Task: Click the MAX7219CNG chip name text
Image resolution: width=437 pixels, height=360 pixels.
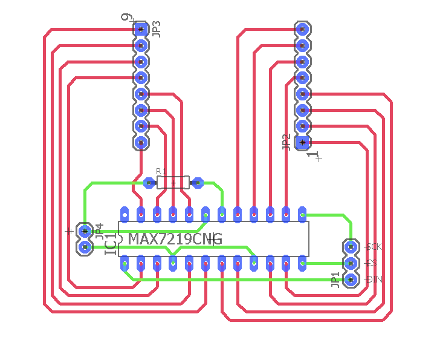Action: coord(175,239)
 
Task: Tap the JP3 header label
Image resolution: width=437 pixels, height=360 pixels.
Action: coord(157,29)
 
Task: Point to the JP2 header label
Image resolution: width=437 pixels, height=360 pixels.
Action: coord(286,142)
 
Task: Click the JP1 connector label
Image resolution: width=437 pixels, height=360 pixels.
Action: coord(335,280)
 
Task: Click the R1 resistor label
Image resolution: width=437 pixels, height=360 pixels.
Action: coord(161,172)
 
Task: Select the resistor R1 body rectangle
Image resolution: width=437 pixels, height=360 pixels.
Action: coord(173,182)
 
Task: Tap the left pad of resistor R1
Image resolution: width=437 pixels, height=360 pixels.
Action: coord(149,182)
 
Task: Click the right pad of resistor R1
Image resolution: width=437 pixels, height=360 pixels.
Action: coord(196,182)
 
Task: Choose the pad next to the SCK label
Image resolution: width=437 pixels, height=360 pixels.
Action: coord(350,247)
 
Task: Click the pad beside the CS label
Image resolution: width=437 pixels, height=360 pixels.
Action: coord(350,263)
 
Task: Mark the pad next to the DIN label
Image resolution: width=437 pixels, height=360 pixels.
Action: coord(350,279)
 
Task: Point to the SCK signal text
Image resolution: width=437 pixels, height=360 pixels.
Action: coord(375,247)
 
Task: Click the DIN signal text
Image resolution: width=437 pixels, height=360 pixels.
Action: coord(375,280)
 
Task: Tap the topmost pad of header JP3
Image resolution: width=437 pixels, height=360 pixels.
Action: coord(141,29)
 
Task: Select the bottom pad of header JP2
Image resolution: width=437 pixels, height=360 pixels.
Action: coord(303,142)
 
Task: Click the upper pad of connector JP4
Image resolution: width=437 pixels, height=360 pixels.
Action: coord(85,231)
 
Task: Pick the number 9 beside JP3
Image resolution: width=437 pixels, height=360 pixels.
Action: coord(126,18)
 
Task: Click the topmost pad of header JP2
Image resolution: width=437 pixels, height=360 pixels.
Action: coord(303,29)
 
